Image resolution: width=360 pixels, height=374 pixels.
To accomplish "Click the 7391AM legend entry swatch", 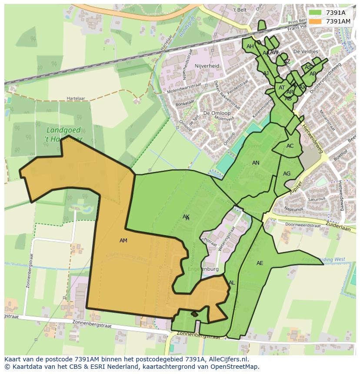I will click(x=316, y=21).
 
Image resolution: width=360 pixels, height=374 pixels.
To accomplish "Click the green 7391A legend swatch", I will click(x=316, y=13).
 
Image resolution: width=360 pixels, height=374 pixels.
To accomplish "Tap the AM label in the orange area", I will click(x=123, y=241).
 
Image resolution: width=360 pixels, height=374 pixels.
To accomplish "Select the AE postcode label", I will click(x=260, y=263).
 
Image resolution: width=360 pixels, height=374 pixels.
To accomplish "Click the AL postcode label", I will click(x=232, y=283).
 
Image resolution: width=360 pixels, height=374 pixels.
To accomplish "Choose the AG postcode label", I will click(x=287, y=174).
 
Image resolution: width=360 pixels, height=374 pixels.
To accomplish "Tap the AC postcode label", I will click(x=290, y=146).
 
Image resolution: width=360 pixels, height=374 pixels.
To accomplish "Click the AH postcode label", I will click(x=250, y=46).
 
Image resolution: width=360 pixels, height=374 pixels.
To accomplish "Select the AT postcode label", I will click(x=282, y=88).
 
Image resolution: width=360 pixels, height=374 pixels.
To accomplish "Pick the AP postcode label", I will click(x=313, y=74).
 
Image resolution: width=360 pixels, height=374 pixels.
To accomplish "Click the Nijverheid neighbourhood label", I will click(x=207, y=66).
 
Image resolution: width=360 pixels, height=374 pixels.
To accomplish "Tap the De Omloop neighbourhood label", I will click(x=217, y=113).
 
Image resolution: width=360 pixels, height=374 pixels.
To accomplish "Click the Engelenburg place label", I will click(x=203, y=269).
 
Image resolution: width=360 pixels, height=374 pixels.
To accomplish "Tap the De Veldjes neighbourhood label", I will click(x=306, y=51).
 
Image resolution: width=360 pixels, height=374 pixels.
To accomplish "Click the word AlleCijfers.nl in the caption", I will click(x=226, y=359).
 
